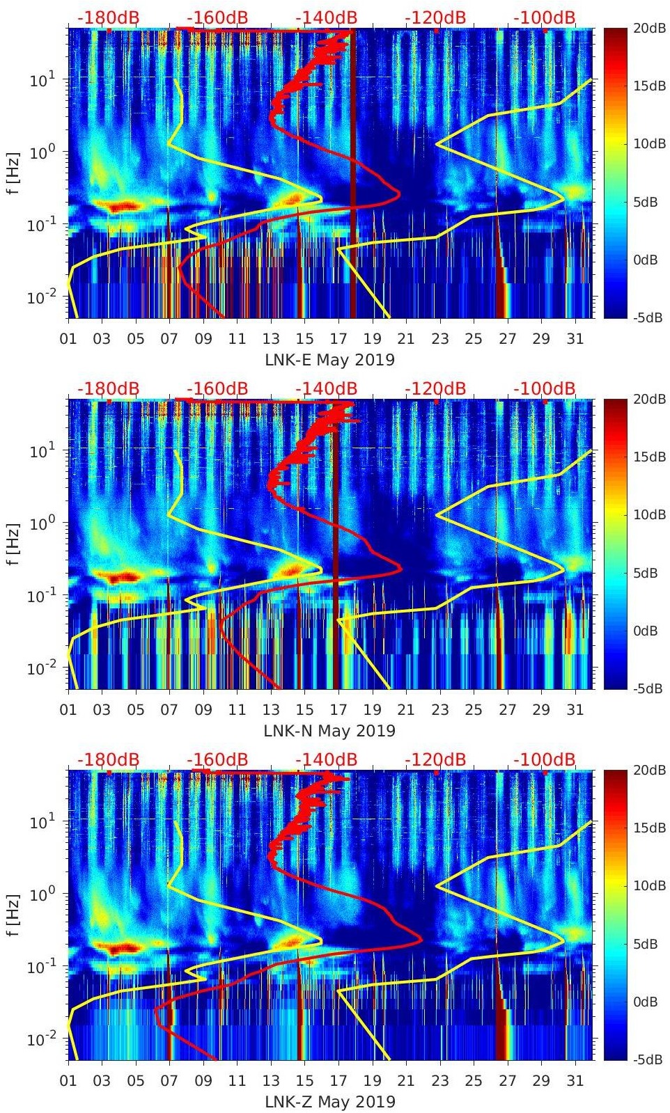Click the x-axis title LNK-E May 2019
[329, 360]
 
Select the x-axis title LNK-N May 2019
[329, 731]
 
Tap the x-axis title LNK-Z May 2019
[329, 1102]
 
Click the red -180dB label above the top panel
[108, 17]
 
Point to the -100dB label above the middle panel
[545, 388]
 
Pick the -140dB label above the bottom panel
[327, 759]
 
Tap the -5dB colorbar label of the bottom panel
[648, 1059]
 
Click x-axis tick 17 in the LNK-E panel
[338, 339]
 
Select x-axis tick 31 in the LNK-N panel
[575, 710]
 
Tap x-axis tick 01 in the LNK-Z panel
[68, 1081]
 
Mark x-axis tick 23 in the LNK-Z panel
[439, 1081]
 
